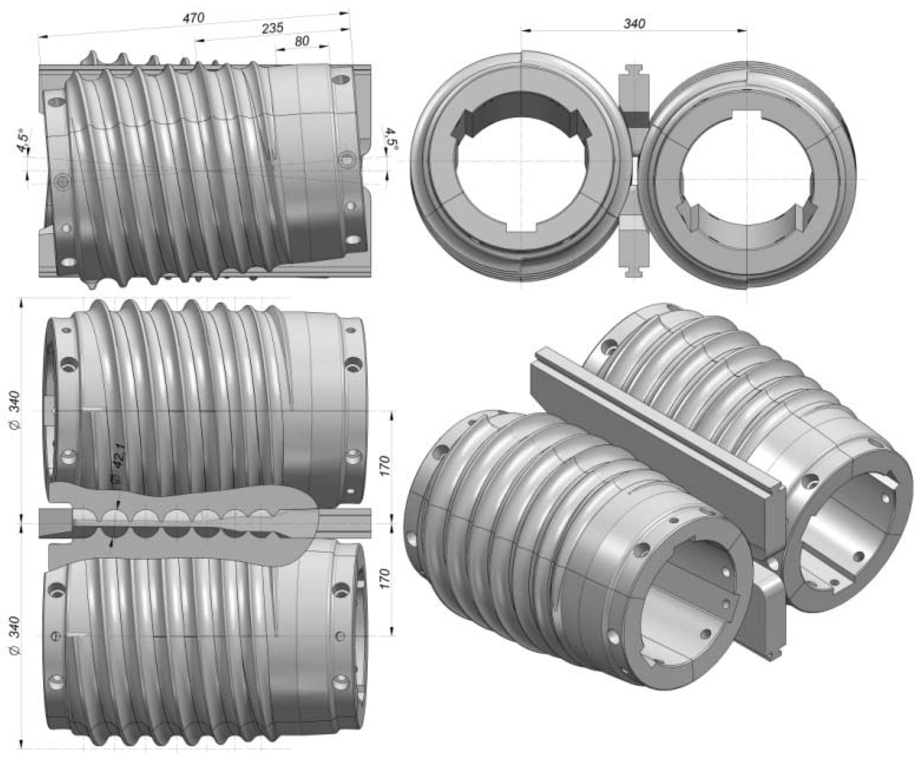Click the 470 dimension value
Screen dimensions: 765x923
pos(194,18)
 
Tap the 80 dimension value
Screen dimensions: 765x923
pos(302,41)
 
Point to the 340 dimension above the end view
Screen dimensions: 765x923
pos(634,23)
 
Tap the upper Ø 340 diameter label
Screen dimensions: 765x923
pos(14,409)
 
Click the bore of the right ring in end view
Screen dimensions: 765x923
pos(747,176)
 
